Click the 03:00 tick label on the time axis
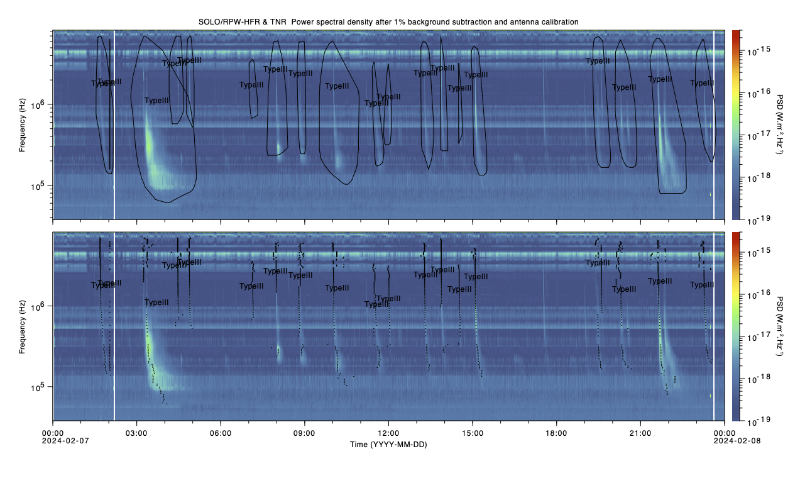coord(136,433)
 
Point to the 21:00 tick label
coord(640,433)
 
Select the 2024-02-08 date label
coord(725,441)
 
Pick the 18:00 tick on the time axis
coord(556,433)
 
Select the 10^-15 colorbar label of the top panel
coord(753,50)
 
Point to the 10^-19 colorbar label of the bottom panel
coord(753,419)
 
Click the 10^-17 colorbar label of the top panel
coord(753,135)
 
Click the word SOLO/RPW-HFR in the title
coord(229,22)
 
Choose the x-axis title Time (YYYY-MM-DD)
coord(388,444)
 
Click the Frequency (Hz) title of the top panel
coord(23,124)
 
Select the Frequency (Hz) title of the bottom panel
coord(23,326)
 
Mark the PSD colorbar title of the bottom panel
coord(780,326)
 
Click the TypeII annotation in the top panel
coord(598,61)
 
